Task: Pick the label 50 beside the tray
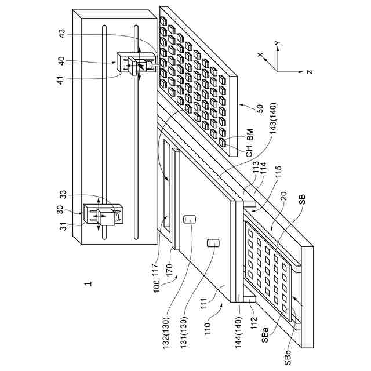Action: tap(260, 107)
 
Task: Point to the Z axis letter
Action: tap(310, 72)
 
